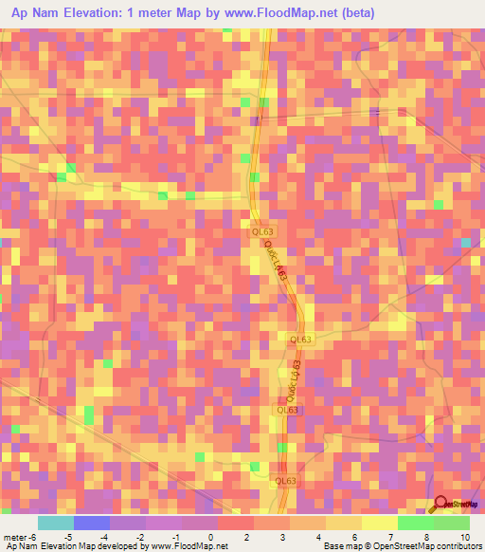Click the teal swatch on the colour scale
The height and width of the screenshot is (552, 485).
[56, 524]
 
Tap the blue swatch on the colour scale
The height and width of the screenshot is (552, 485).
[92, 524]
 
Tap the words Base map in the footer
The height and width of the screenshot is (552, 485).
[338, 545]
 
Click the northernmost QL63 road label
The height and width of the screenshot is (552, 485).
[262, 230]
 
